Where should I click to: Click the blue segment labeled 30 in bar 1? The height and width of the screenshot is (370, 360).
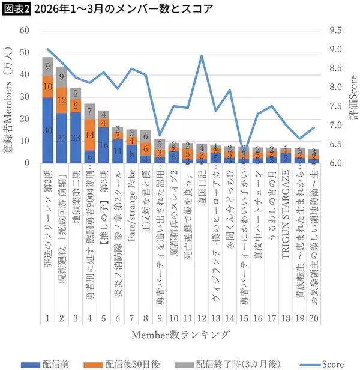click(48, 130)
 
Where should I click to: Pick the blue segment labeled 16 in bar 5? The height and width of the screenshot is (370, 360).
click(103, 145)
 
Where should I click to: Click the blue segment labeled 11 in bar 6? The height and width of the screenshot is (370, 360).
click(117, 151)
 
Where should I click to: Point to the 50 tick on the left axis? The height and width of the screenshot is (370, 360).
click(24, 53)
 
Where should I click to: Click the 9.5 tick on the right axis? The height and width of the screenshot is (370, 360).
click(337, 31)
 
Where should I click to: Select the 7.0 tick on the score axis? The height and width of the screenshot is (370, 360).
click(337, 125)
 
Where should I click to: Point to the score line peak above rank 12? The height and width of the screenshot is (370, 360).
click(201, 56)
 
